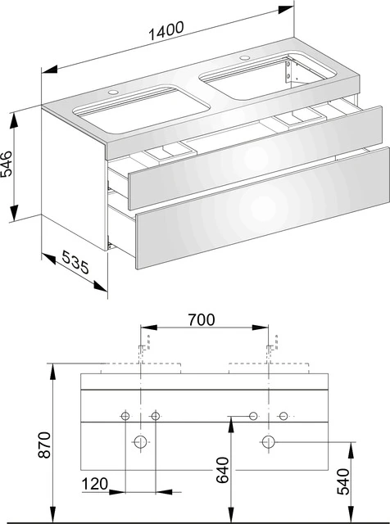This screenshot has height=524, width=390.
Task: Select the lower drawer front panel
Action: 262,210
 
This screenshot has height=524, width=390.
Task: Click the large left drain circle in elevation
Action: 140,442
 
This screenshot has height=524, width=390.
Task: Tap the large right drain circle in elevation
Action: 268,442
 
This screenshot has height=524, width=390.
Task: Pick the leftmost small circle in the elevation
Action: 125,416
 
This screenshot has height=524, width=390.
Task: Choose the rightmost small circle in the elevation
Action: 283,416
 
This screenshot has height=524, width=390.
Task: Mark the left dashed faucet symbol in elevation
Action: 143,347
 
